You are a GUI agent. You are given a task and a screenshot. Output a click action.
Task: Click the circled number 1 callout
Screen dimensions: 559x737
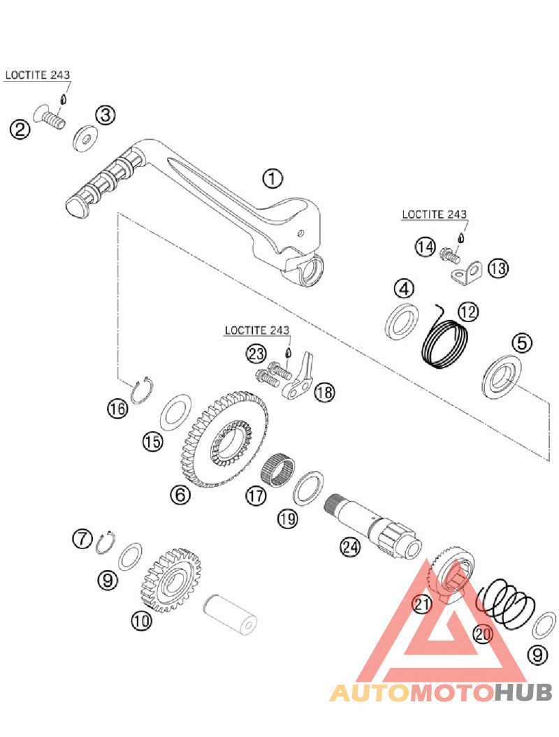point(273,179)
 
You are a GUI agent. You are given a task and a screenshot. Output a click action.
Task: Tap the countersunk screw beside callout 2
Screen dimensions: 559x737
point(50,117)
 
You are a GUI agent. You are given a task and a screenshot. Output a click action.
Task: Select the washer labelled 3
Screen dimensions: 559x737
point(85,138)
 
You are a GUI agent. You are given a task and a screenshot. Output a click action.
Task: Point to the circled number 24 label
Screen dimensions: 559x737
point(350,547)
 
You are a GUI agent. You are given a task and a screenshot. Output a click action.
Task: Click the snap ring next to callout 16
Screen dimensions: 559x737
point(140,390)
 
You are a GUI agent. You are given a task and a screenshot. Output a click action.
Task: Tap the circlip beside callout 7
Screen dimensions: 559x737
point(107,542)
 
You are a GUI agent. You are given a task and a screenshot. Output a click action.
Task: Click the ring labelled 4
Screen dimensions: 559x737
point(402,322)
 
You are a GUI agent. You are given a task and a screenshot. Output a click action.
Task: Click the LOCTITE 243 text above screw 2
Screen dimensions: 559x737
point(38,75)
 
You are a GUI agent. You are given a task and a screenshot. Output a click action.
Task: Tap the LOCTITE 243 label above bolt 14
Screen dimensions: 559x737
point(435,214)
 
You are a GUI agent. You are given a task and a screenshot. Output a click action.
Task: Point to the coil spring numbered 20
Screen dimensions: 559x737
point(506,604)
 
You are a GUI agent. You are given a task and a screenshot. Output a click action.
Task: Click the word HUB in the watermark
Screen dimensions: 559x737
point(523,692)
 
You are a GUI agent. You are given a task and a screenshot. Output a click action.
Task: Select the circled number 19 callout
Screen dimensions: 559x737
point(288,518)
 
